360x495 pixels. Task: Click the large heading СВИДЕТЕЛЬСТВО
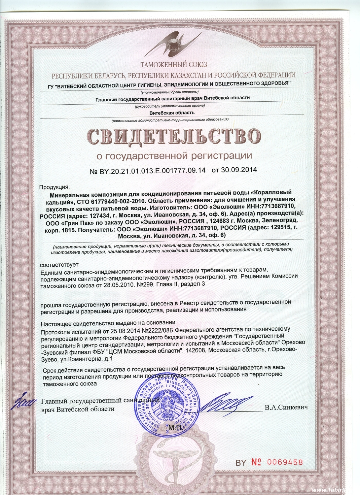(x=174, y=136)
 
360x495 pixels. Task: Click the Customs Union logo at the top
(x=174, y=44)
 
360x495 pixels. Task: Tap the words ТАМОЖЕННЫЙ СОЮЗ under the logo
(x=174, y=64)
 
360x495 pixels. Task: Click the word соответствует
(x=59, y=265)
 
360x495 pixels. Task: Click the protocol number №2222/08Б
(x=158, y=329)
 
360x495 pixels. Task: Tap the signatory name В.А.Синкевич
(x=286, y=408)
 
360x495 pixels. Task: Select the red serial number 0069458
(x=285, y=462)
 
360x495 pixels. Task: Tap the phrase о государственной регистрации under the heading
(x=174, y=155)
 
